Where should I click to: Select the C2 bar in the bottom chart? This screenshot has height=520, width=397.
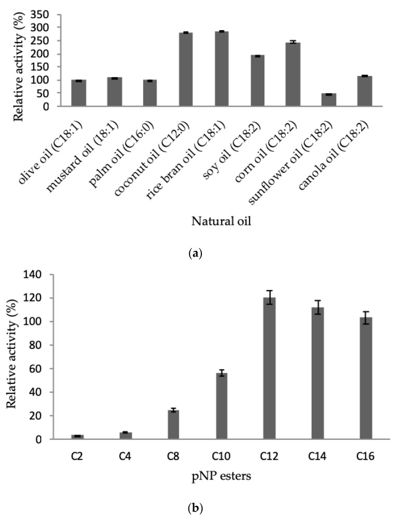coord(77,437)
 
